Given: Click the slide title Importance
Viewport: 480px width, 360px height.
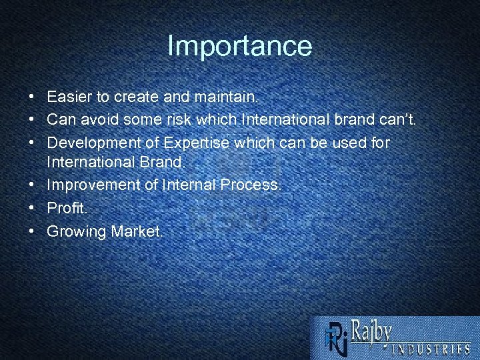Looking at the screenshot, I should [x=239, y=46].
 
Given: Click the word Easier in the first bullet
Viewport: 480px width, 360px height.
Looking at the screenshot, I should [x=69, y=97].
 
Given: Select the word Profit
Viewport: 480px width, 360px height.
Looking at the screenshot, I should [x=67, y=209].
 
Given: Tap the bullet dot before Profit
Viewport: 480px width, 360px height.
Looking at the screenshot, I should [x=32, y=209].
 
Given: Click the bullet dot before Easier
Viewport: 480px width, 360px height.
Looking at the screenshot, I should [x=32, y=97].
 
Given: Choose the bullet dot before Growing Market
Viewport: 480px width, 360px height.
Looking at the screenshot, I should [x=32, y=231].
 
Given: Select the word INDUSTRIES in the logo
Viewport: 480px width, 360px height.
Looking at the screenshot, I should [x=429, y=348].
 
